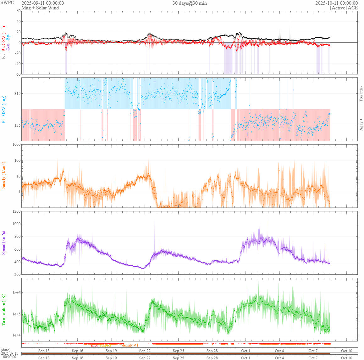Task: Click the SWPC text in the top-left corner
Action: [x=7, y=3]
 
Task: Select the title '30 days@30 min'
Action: [x=190, y=3]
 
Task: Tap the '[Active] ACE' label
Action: [x=344, y=8]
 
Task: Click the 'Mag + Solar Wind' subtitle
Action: [x=40, y=8]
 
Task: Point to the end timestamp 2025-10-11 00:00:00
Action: [x=336, y=3]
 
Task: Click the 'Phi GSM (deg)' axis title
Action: [x=4, y=109]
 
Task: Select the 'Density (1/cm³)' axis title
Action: [x=4, y=176]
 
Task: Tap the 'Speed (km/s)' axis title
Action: [x=4, y=243]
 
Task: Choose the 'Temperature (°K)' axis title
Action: [x=4, y=310]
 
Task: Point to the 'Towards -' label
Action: [x=361, y=93]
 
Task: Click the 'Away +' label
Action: [x=361, y=125]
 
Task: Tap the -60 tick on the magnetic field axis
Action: [x=17, y=74]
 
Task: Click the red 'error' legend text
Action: [x=94, y=345]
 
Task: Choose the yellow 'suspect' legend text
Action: [x=105, y=345]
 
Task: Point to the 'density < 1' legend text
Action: [x=130, y=345]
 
